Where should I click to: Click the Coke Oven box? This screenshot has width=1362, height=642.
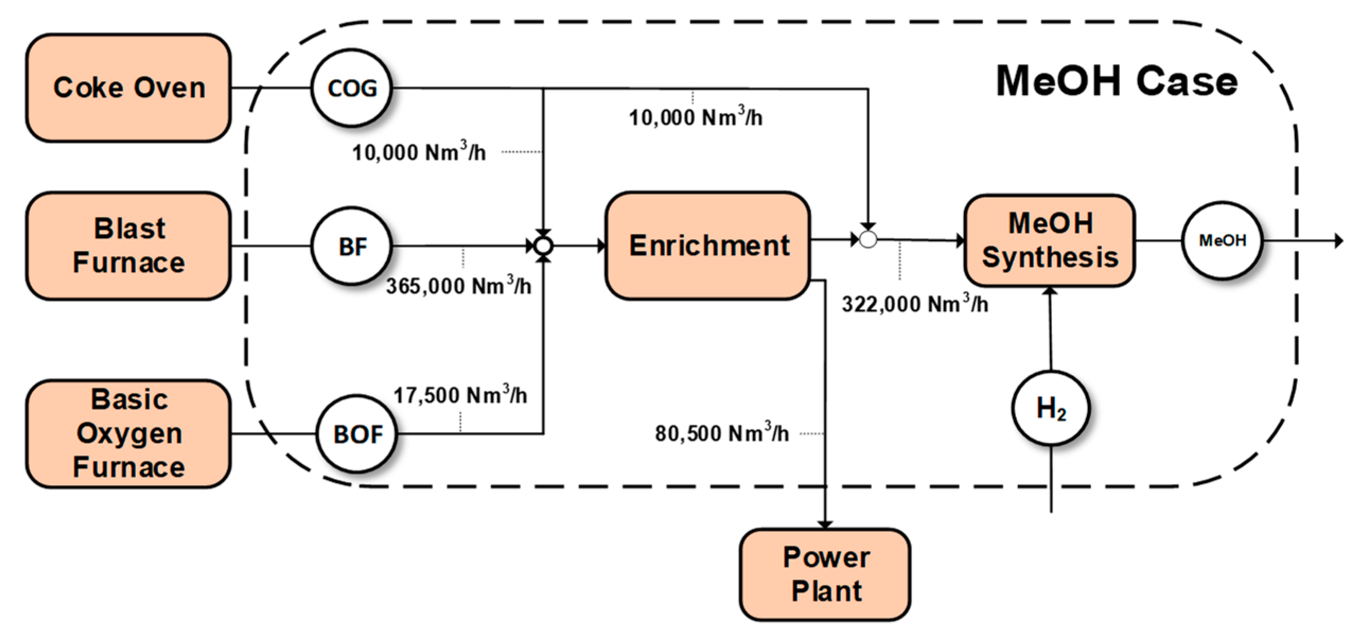[128, 88]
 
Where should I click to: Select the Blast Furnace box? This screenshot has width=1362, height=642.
[128, 246]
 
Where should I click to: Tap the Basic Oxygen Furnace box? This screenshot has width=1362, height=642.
[128, 433]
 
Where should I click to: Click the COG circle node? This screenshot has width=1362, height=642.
[352, 88]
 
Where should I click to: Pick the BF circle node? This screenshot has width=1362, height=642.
[352, 246]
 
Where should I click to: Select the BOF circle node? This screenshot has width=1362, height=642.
[357, 434]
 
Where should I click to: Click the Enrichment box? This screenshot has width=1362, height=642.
[708, 246]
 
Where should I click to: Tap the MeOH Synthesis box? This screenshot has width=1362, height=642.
[1049, 241]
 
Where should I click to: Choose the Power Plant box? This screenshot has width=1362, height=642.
[825, 574]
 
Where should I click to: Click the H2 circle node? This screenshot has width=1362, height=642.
[1050, 408]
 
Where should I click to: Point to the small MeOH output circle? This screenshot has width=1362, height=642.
[1222, 241]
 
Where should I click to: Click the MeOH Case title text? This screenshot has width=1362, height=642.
[1117, 81]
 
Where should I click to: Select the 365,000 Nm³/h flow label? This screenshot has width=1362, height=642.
[458, 286]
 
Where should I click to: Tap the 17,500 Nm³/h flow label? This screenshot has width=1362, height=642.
[460, 395]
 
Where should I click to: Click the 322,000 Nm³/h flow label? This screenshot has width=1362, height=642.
[915, 304]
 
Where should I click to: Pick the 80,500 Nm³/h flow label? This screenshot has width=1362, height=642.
[722, 434]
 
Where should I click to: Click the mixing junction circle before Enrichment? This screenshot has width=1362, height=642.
[543, 246]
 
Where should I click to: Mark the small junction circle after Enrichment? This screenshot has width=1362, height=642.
[868, 240]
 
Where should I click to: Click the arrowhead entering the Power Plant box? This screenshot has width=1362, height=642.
[825, 524]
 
